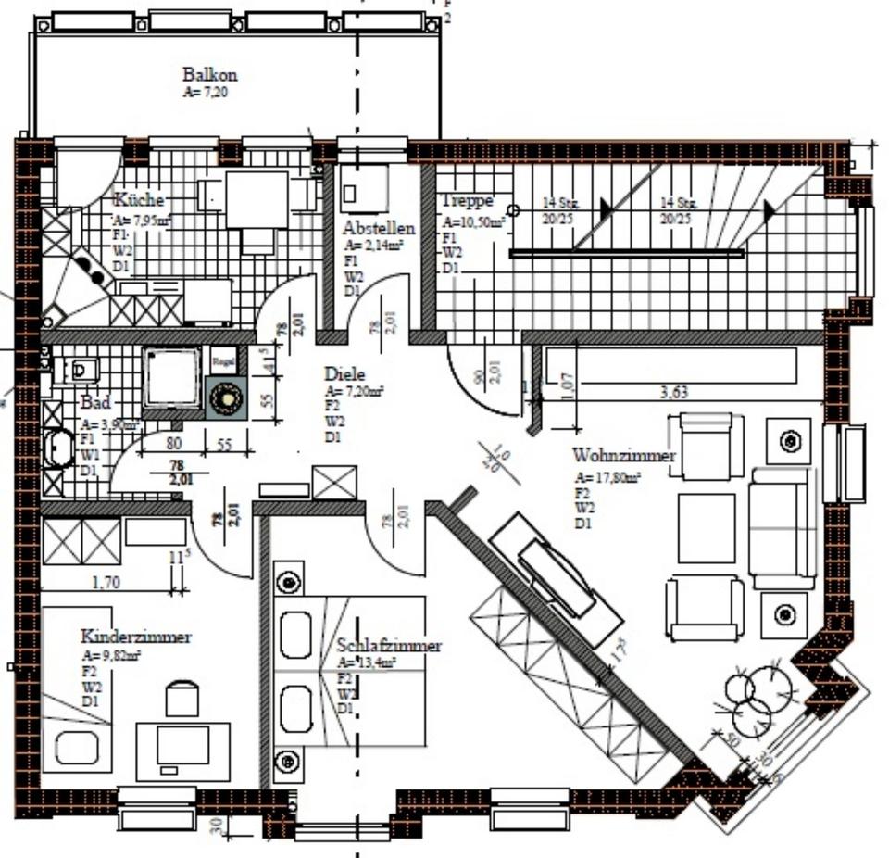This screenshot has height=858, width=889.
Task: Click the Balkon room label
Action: pyautogui.click(x=209, y=75)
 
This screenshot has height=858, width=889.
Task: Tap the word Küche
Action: pyautogui.click(x=139, y=200)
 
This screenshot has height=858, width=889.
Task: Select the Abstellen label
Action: pyautogui.click(x=379, y=228)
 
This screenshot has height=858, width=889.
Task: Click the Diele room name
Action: pyautogui.click(x=344, y=374)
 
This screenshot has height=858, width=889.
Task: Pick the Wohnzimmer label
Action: pyautogui.click(x=624, y=456)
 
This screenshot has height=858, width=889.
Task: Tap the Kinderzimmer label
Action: pyautogui.click(x=136, y=637)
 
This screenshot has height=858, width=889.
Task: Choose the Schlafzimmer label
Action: pyautogui.click(x=389, y=645)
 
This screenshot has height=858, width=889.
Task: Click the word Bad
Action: pyautogui.click(x=95, y=403)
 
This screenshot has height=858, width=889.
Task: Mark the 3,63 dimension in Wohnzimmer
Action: pyautogui.click(x=675, y=393)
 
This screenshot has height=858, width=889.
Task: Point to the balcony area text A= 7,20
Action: pyautogui.click(x=206, y=93)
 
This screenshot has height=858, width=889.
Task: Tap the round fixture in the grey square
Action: pyautogui.click(x=225, y=399)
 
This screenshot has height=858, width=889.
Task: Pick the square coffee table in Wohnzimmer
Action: pyautogui.click(x=707, y=528)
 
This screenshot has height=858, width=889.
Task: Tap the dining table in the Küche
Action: pyautogui.click(x=257, y=199)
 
